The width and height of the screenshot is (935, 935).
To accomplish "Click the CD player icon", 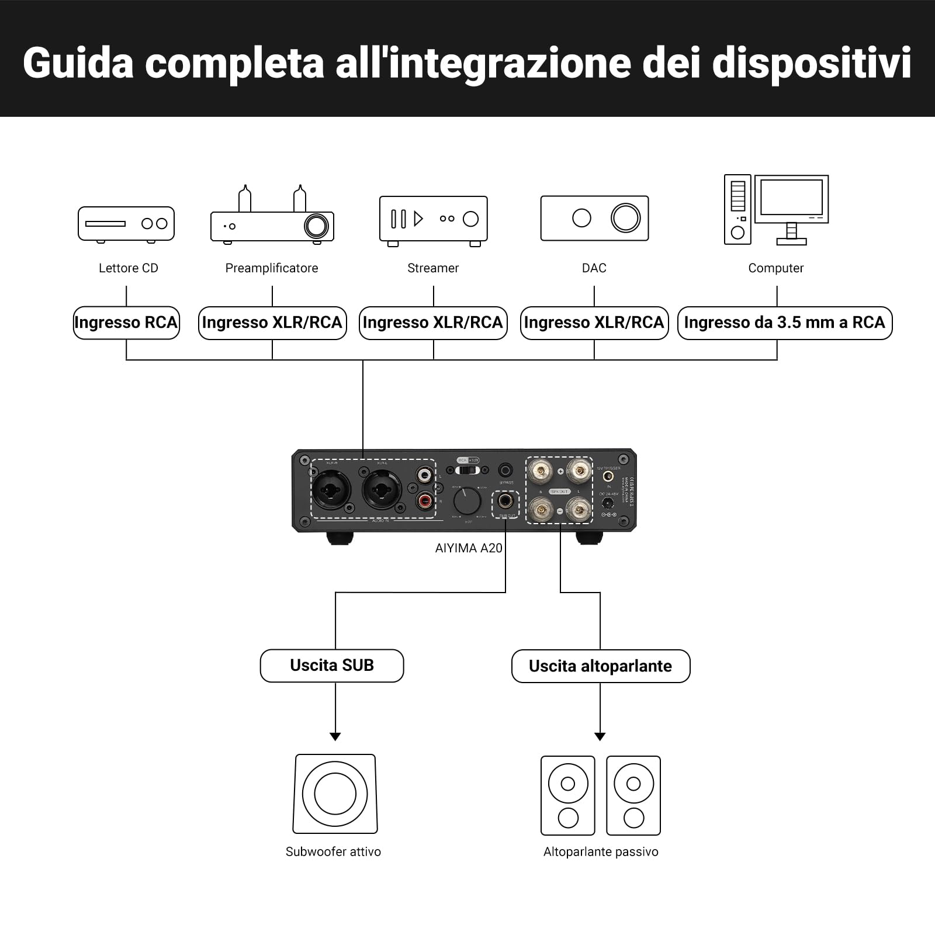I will pyautogui.click(x=126, y=224).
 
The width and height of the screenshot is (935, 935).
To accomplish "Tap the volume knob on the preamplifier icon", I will pyautogui.click(x=316, y=226).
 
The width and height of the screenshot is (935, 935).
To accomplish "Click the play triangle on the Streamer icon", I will pyautogui.click(x=418, y=219).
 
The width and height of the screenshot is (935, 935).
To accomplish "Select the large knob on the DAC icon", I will pyautogui.click(x=625, y=218).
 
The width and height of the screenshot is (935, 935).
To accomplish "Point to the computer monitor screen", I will pyautogui.click(x=791, y=198).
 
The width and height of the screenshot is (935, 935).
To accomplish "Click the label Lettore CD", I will pyautogui.click(x=129, y=268).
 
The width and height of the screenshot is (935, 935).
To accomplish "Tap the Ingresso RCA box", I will pyautogui.click(x=126, y=323).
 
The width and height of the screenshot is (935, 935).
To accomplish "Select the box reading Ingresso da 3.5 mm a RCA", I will pyautogui.click(x=784, y=323).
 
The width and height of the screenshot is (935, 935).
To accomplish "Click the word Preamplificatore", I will pyautogui.click(x=272, y=268).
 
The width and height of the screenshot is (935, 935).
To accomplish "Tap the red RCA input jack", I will pyautogui.click(x=425, y=500).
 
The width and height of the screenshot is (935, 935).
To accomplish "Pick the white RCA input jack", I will pyautogui.click(x=425, y=473).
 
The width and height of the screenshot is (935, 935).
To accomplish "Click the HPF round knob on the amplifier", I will pyautogui.click(x=467, y=501).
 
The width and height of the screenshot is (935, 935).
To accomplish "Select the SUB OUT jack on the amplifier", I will pyautogui.click(x=505, y=501).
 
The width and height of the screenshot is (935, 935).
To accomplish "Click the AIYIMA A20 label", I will pyautogui.click(x=469, y=548).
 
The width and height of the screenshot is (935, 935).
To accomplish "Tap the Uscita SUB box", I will pyautogui.click(x=332, y=666).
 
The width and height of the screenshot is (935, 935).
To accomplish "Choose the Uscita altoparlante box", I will pyautogui.click(x=601, y=666).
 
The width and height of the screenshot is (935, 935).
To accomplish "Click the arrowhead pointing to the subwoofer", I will pyautogui.click(x=335, y=737).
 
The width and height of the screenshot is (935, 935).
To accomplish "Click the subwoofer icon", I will pyautogui.click(x=335, y=794).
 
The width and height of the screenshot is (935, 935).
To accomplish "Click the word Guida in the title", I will pyautogui.click(x=78, y=63).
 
